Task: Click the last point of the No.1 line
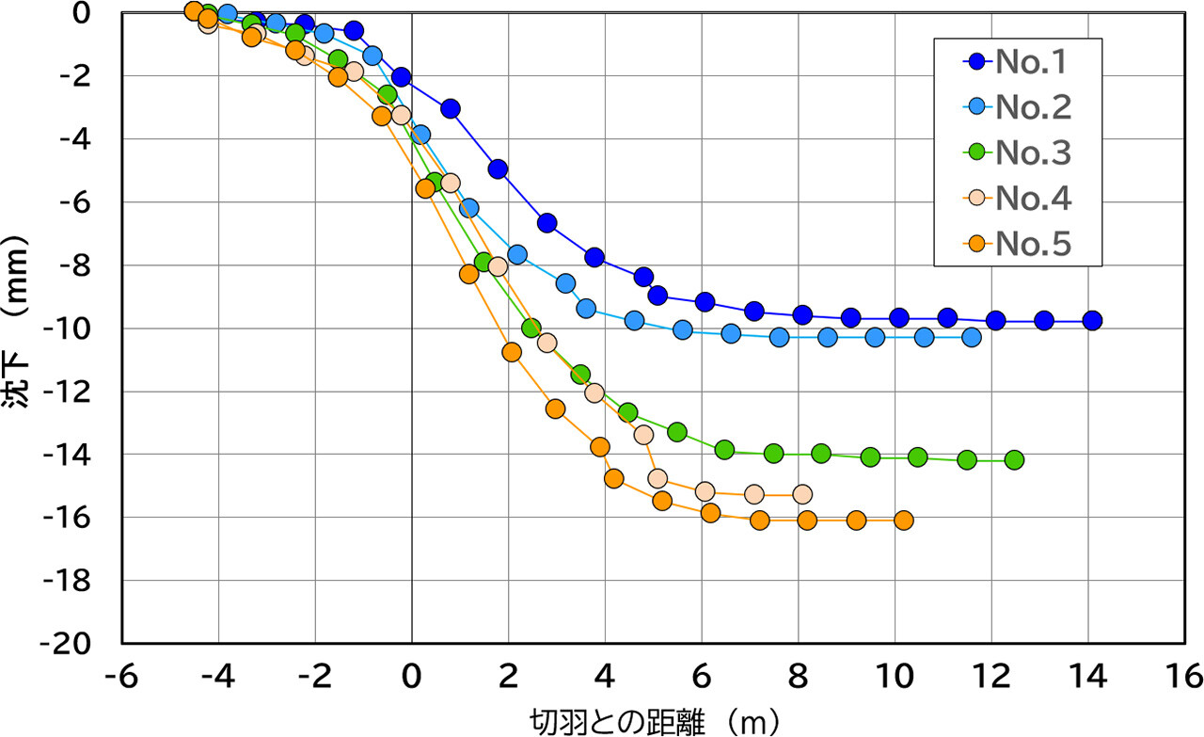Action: click(x=1092, y=321)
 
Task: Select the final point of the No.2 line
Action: click(x=972, y=337)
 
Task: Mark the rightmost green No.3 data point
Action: click(x=1014, y=460)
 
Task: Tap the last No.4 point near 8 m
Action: click(x=802, y=494)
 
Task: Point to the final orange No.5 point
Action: click(x=904, y=521)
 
